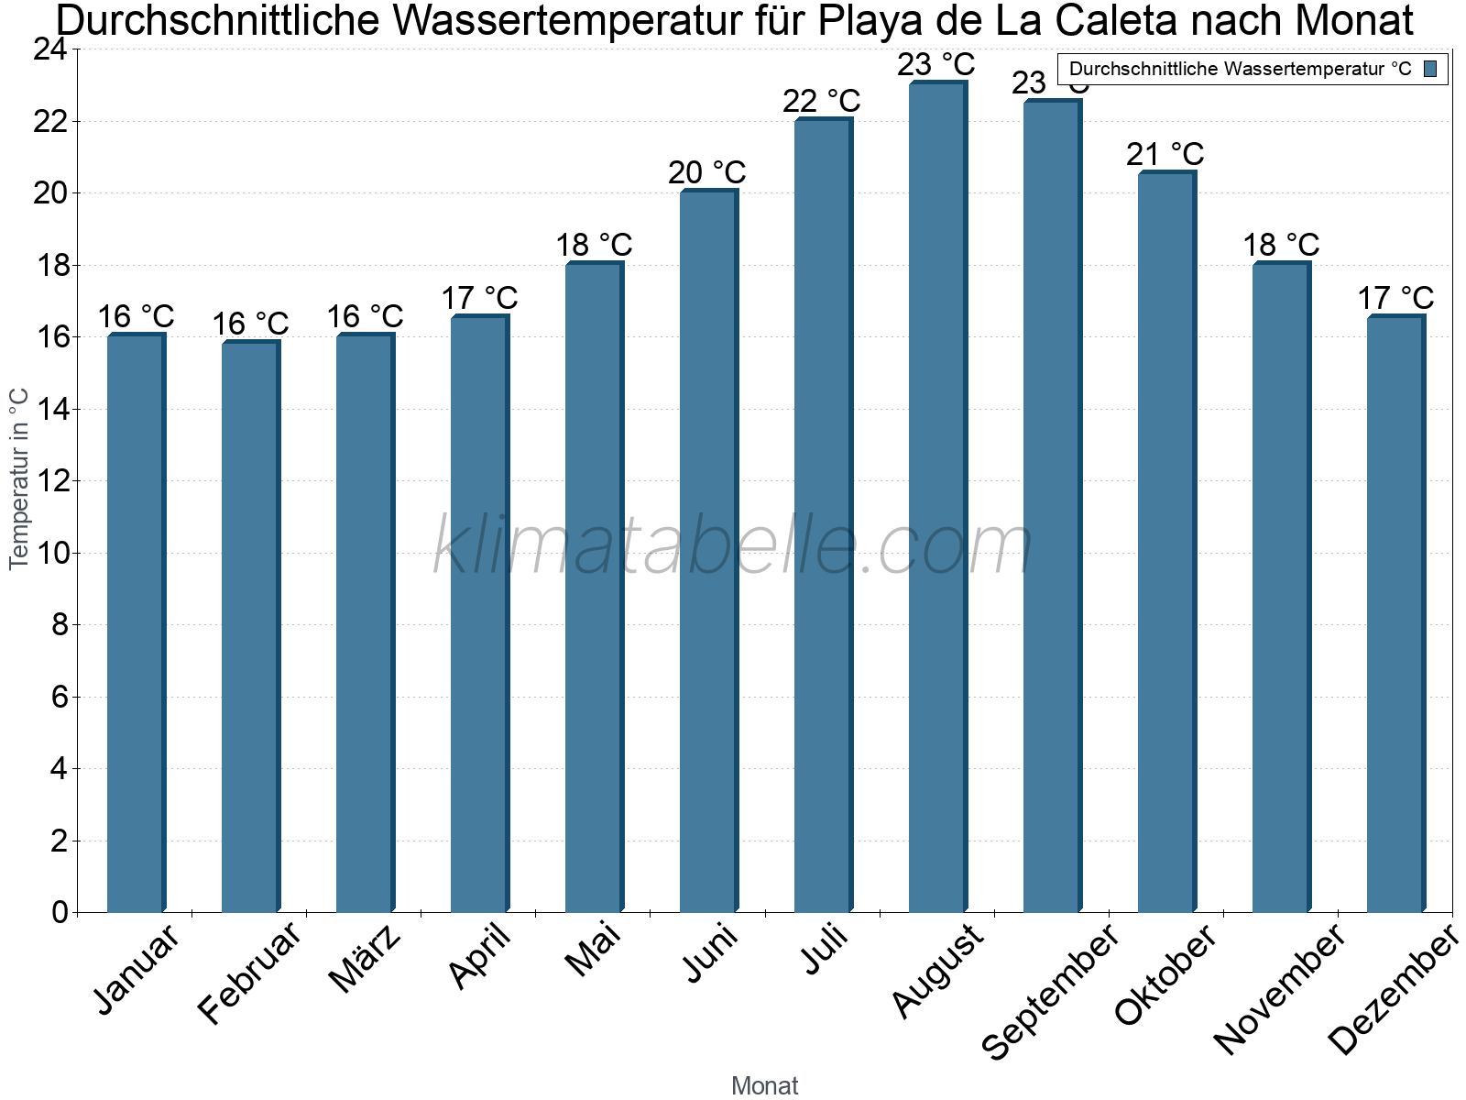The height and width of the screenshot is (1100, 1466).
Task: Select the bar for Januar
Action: pyautogui.click(x=136, y=623)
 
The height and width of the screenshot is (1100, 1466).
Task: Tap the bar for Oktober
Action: pyautogui.click(x=1166, y=542)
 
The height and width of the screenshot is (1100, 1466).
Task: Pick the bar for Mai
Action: pyautogui.click(x=594, y=588)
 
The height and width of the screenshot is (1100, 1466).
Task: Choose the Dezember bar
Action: pyautogui.click(x=1395, y=614)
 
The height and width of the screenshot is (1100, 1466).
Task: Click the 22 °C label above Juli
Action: pyautogui.click(x=822, y=101)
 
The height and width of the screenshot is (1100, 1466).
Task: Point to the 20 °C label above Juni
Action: pyautogui.click(x=707, y=172)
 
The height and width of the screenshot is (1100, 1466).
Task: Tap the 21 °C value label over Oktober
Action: pyautogui.click(x=1165, y=154)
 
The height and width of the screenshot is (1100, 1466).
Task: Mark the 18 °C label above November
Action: pyautogui.click(x=1281, y=245)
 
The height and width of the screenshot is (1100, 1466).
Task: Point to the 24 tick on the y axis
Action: pyautogui.click(x=50, y=49)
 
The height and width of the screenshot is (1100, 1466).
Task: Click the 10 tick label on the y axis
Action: pyautogui.click(x=50, y=553)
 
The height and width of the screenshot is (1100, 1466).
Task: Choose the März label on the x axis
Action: pyautogui.click(x=365, y=960)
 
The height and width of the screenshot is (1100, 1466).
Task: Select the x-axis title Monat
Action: pyautogui.click(x=765, y=1086)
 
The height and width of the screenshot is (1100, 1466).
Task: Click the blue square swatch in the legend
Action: pyautogui.click(x=1431, y=69)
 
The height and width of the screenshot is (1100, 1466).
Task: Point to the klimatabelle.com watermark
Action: pyautogui.click(x=733, y=546)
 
